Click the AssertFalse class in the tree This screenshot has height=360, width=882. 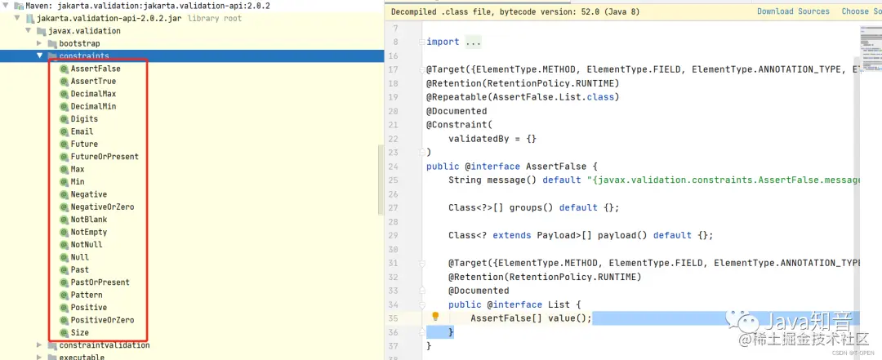click(95, 69)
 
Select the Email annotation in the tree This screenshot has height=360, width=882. click(82, 131)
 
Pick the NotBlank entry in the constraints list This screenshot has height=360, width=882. click(88, 220)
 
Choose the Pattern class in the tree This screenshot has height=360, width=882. click(87, 295)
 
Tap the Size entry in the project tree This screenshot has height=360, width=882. click(79, 332)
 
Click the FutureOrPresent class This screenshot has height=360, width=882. click(105, 157)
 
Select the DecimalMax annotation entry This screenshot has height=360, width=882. click(93, 94)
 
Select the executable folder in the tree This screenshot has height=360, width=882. click(82, 357)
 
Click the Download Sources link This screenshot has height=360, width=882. click(792, 11)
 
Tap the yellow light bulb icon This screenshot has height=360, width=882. click(435, 317)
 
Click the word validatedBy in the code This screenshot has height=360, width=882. click(476, 139)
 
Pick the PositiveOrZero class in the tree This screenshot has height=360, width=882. click(102, 320)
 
